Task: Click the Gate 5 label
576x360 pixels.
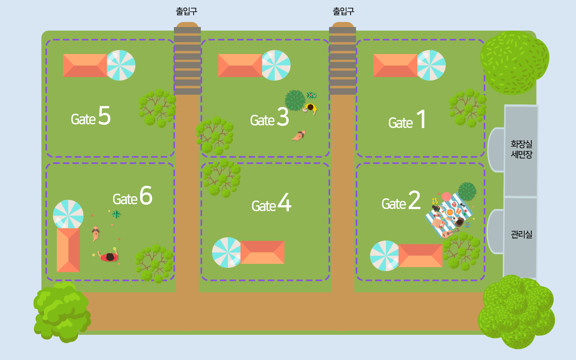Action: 91,117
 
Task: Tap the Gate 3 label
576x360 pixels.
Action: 269,118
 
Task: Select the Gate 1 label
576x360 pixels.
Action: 407,121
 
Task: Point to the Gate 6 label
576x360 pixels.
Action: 132,197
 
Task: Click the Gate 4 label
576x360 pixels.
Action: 271,203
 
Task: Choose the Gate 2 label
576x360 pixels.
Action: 401,202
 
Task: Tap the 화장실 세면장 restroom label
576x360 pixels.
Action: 521,149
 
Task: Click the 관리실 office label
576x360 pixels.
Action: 521,235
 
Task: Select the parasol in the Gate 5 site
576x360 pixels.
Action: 120,65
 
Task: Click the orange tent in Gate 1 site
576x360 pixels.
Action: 395,66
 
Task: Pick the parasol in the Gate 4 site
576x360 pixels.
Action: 227,252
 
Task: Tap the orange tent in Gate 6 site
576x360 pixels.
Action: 68,250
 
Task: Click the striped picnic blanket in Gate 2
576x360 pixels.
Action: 449,215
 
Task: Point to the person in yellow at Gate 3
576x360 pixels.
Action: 310,108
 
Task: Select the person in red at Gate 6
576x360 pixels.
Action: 109,257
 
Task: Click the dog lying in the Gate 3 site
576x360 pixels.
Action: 299,136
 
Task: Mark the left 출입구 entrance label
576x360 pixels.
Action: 186,12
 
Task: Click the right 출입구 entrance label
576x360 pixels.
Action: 343,12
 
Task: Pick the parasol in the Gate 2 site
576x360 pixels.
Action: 385,256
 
